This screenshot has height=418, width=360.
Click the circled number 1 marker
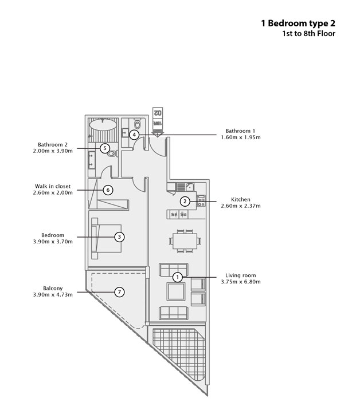click(178, 277)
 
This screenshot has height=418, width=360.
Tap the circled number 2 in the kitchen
click(185, 202)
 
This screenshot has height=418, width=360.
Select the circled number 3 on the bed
click(119, 236)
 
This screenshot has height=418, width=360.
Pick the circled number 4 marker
click(134, 135)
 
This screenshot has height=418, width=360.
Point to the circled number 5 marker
click(105, 148)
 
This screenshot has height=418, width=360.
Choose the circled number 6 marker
click(108, 190)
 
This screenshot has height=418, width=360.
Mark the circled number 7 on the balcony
click(119, 292)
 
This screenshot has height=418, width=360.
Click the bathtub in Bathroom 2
click(103, 124)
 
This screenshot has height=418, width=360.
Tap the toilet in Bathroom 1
click(138, 124)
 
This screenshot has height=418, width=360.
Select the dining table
click(185, 241)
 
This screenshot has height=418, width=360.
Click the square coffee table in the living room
click(176, 291)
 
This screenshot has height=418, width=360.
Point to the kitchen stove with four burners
click(201, 201)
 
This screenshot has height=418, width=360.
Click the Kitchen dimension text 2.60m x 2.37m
click(241, 206)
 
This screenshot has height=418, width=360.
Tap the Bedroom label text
click(53, 235)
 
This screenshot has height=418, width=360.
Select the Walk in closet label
click(53, 186)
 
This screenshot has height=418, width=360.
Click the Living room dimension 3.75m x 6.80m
click(241, 282)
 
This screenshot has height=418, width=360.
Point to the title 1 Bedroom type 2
click(298, 23)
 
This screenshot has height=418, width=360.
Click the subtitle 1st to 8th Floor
click(309, 34)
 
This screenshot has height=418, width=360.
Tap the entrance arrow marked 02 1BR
click(158, 122)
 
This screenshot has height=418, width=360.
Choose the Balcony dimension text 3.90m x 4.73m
click(53, 294)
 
